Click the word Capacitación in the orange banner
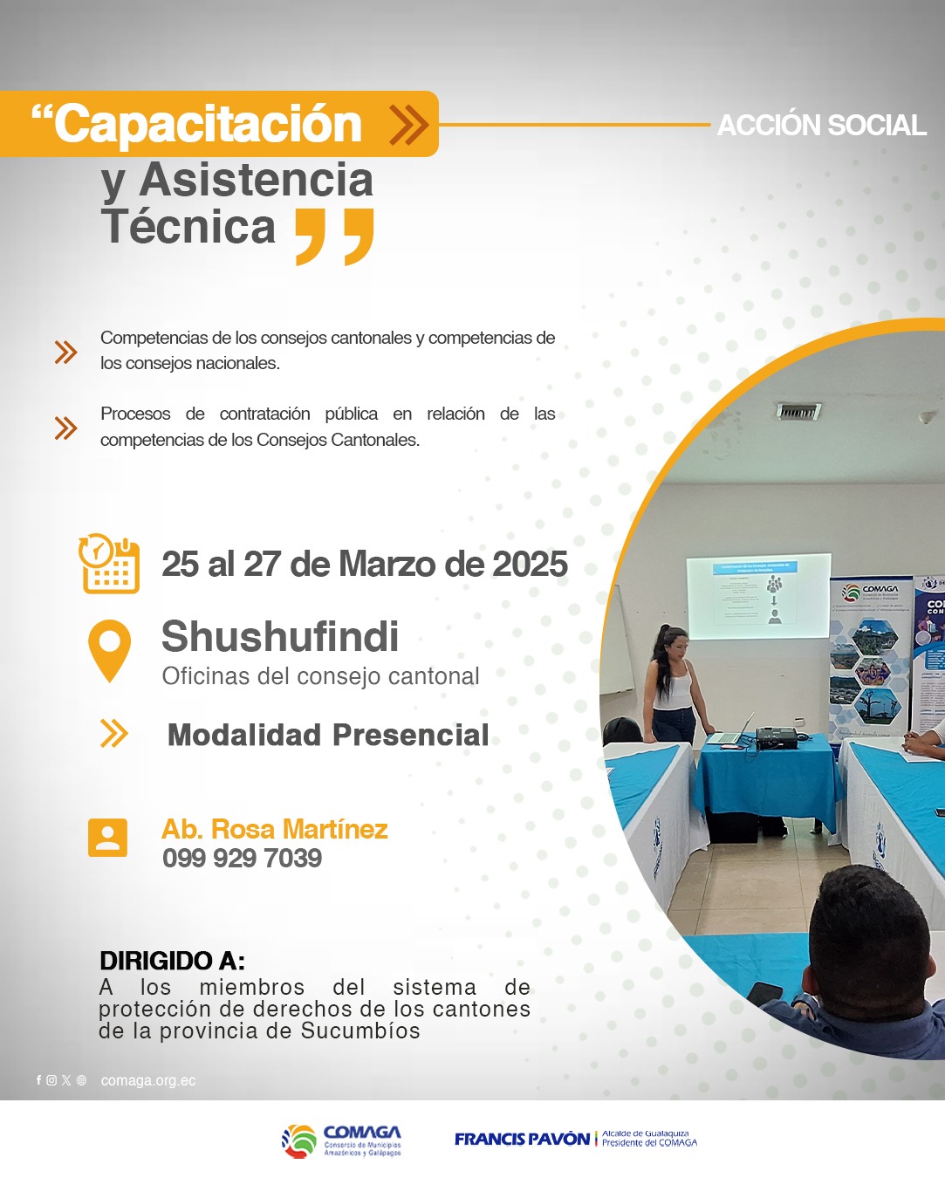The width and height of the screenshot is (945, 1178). (x=208, y=124)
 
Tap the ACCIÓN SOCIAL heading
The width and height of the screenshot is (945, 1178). (x=821, y=126)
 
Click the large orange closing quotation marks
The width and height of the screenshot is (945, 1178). (x=335, y=236)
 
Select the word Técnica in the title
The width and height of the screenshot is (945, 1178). (x=188, y=227)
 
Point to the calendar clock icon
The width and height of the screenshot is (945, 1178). (x=110, y=564)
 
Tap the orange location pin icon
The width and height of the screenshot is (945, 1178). (x=110, y=649)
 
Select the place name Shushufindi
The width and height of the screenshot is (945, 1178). (x=280, y=636)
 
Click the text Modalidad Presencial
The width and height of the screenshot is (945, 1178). (x=328, y=735)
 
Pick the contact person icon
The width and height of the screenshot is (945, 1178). (x=107, y=838)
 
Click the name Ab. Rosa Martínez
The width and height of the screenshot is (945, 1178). (x=275, y=829)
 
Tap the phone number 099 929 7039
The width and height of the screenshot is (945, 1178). (x=242, y=859)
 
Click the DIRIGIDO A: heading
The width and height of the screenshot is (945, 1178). (x=172, y=961)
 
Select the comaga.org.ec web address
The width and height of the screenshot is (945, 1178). (x=148, y=1080)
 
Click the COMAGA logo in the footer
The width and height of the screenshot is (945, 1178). (x=342, y=1140)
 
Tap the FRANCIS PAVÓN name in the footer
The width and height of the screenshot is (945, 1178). (x=522, y=1139)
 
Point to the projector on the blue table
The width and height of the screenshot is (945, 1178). (x=776, y=737)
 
